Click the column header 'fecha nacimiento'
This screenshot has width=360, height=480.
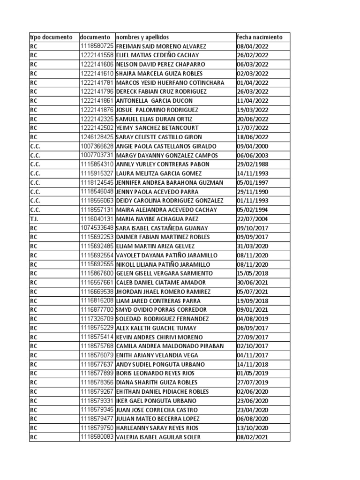tap(260, 37)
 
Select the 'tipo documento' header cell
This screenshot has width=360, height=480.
tap(51, 37)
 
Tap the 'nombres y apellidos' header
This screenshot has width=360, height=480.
tap(142, 37)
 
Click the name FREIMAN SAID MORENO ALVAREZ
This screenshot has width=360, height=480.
tap(161, 46)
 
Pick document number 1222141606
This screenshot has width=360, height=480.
tap(97, 64)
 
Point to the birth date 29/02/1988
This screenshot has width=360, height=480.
tap(253, 165)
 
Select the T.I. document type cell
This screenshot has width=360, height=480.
tap(35, 219)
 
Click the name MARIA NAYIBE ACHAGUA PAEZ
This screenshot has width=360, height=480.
tap(157, 219)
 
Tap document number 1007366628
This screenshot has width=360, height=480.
tap(97, 146)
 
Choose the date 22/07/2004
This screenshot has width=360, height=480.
tap(253, 219)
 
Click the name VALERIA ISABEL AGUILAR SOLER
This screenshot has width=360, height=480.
tap(158, 437)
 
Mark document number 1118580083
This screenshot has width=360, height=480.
tap(97, 437)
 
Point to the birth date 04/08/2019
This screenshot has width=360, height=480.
tap(253, 319)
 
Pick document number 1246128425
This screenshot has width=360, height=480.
tap(97, 137)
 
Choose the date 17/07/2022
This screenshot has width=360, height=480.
tap(253, 128)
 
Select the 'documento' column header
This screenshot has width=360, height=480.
tap(95, 37)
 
